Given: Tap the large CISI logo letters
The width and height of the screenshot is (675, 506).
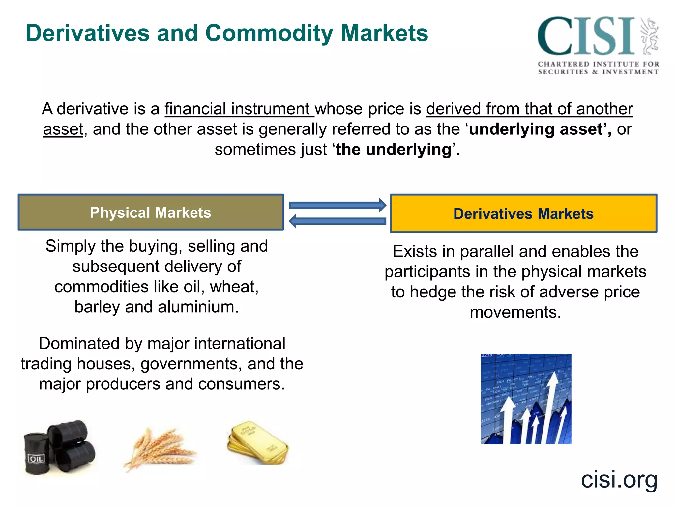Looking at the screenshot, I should point(586,36).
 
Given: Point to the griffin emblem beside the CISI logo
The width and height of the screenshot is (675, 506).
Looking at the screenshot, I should point(649,36).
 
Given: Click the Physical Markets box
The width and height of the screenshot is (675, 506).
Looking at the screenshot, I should point(151,212).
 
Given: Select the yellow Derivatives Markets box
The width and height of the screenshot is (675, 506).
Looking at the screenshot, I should point(523,214).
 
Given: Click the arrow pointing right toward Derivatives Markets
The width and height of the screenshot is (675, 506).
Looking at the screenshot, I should point(337,205).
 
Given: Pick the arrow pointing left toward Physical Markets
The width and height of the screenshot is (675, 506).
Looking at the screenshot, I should point(337,221).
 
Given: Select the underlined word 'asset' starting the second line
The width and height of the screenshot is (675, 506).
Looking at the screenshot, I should point(63,129).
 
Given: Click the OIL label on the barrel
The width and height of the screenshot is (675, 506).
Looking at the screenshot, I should point(36,459).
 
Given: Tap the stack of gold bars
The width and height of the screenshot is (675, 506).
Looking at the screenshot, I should point(257,443).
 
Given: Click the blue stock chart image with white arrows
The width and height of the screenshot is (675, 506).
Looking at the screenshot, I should point(526,399).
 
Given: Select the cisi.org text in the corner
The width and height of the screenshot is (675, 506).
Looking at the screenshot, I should point(619,479).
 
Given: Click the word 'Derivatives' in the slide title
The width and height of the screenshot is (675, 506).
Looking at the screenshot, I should point(88,33).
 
